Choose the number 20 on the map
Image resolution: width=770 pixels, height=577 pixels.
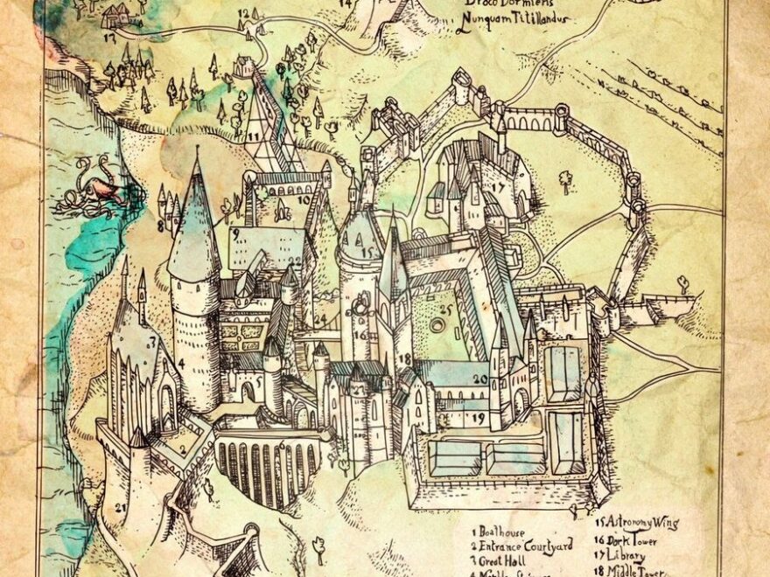point(479,379)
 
